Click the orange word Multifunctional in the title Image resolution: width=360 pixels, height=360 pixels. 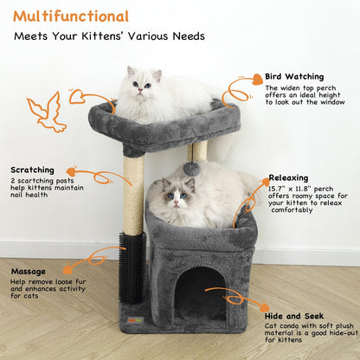71,16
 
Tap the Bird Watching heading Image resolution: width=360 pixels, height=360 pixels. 294,76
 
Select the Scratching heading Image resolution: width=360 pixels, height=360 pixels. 33,170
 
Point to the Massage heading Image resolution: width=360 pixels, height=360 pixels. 28,271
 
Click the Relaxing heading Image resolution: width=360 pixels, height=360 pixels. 288,177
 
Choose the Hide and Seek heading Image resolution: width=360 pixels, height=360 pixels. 296,317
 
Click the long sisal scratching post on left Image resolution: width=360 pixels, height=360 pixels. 133,195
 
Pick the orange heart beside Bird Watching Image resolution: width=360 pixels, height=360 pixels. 256,80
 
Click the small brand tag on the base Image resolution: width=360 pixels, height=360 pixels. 132,320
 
